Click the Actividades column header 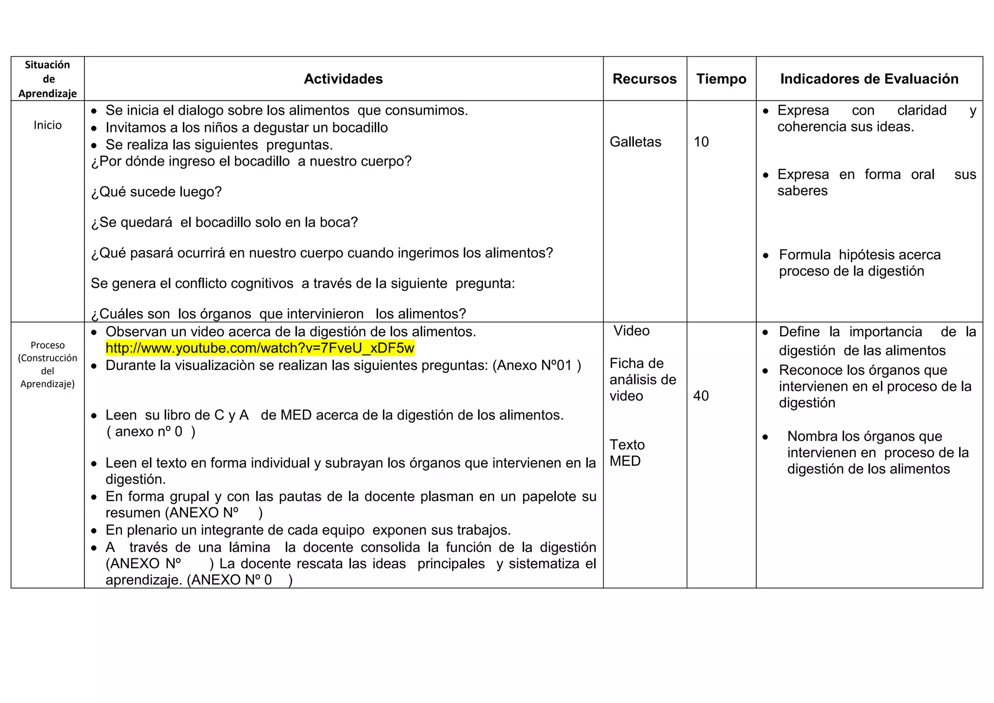(x=343, y=79)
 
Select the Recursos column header (x=644, y=79)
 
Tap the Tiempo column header (x=721, y=79)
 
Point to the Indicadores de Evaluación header (x=869, y=79)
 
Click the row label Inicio (x=48, y=125)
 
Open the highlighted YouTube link (x=260, y=348)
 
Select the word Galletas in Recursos (x=635, y=142)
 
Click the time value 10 (x=701, y=142)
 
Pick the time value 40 (x=701, y=396)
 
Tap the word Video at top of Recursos (x=631, y=331)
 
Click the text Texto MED (x=627, y=452)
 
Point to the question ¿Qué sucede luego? (x=156, y=192)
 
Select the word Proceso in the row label (x=48, y=345)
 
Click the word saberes (x=802, y=191)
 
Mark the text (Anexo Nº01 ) (x=536, y=365)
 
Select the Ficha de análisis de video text (x=643, y=380)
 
